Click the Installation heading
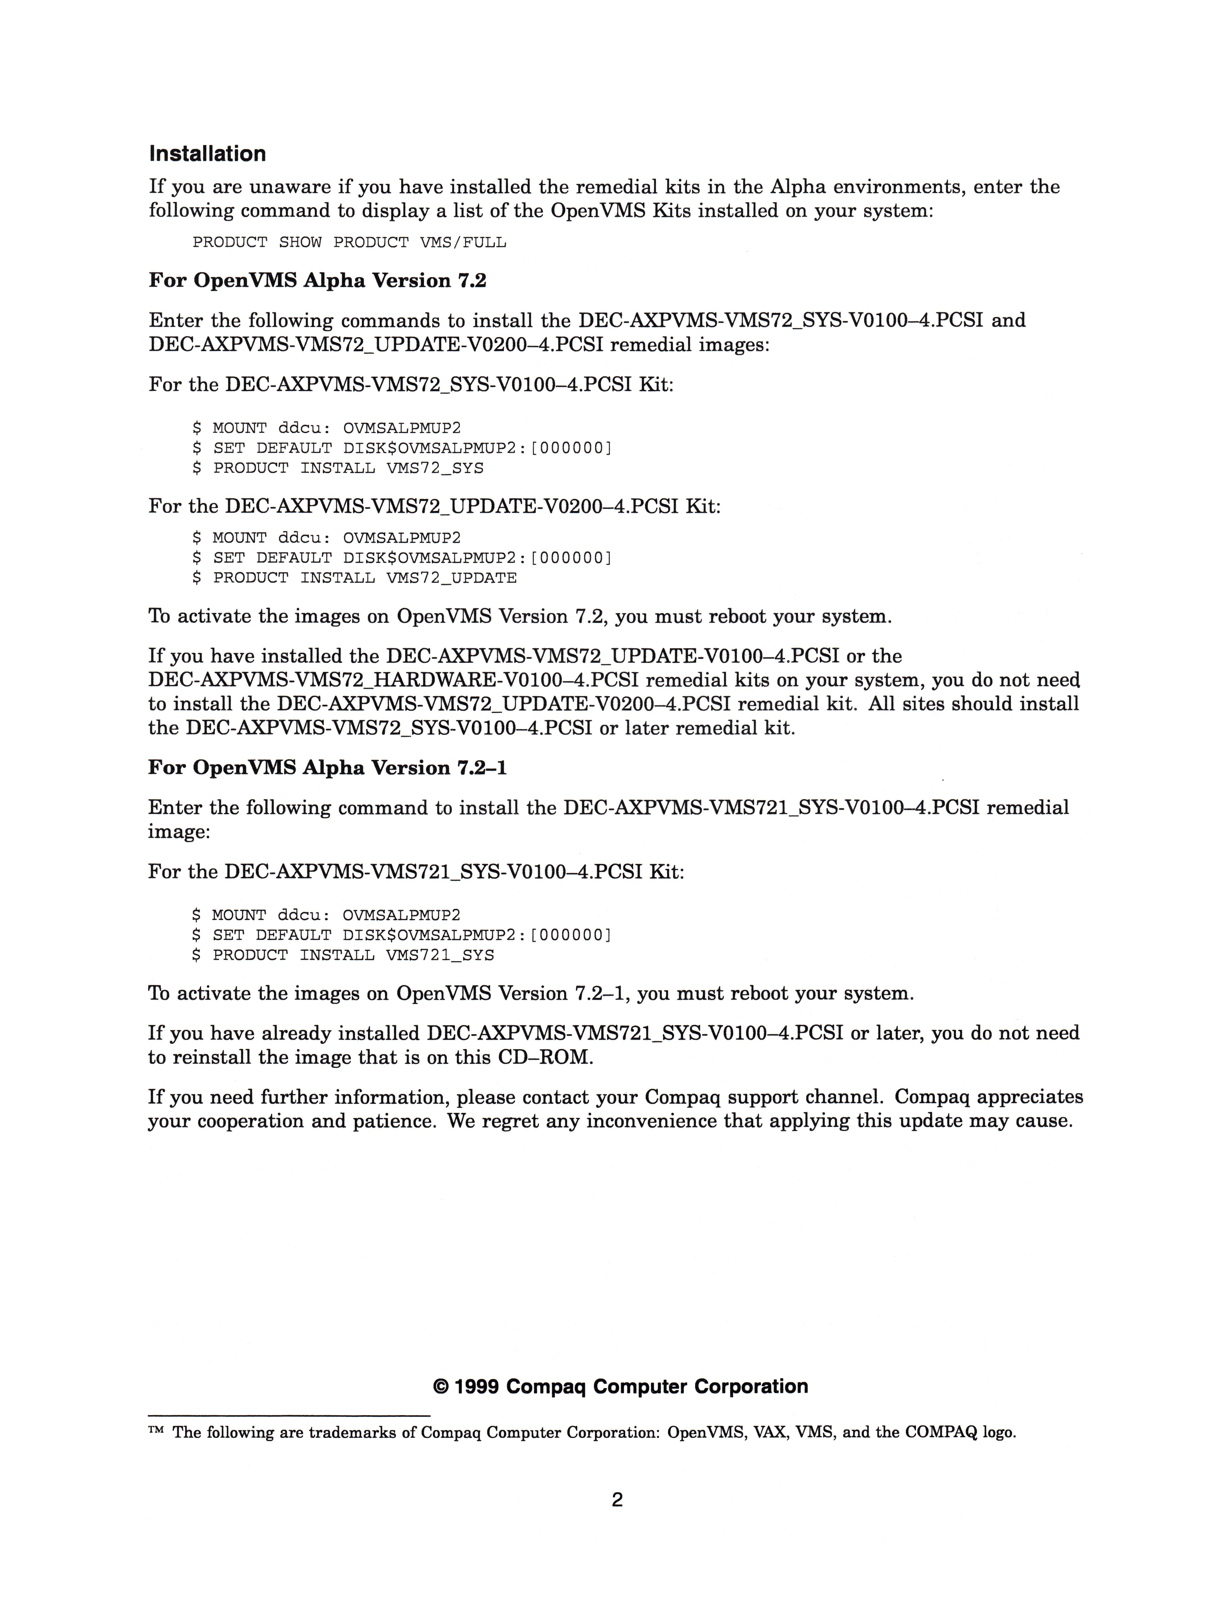pyautogui.click(x=207, y=154)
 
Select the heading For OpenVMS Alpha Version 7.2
pyautogui.click(x=317, y=280)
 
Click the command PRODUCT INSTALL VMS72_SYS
pyautogui.click(x=348, y=468)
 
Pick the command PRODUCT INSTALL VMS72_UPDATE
pyautogui.click(x=365, y=578)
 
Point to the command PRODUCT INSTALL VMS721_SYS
pyautogui.click(x=353, y=955)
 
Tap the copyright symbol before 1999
pyautogui.click(x=440, y=1387)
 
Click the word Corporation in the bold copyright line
pyautogui.click(x=751, y=1387)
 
